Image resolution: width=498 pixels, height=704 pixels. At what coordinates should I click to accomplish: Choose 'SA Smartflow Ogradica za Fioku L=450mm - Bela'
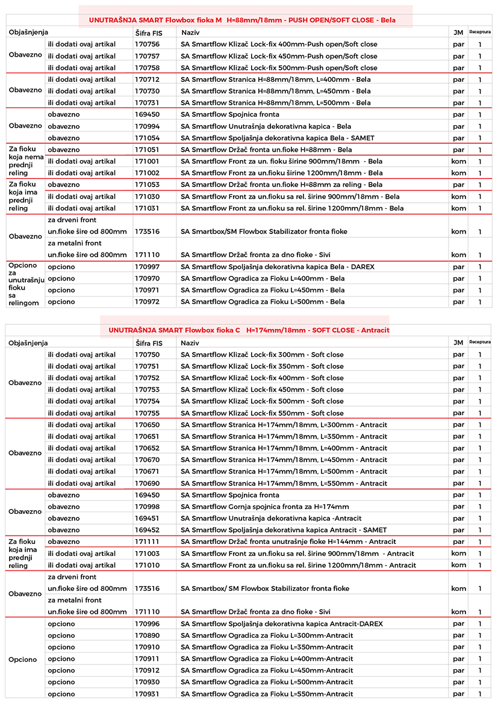pyautogui.click(x=263, y=290)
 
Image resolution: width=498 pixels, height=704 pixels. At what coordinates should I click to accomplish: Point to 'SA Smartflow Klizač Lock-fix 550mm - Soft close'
pyautogui.click(x=262, y=413)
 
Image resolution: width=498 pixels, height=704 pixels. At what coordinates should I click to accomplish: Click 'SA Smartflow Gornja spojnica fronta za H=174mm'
pyautogui.click(x=264, y=507)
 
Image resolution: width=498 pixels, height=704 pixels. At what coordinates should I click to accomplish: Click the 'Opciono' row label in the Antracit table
pyautogui.click(x=23, y=659)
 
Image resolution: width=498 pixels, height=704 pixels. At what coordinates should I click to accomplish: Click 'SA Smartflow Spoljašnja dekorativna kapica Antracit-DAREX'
pyautogui.click(x=281, y=624)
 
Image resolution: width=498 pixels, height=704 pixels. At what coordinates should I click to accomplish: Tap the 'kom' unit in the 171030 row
pyautogui.click(x=458, y=197)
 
